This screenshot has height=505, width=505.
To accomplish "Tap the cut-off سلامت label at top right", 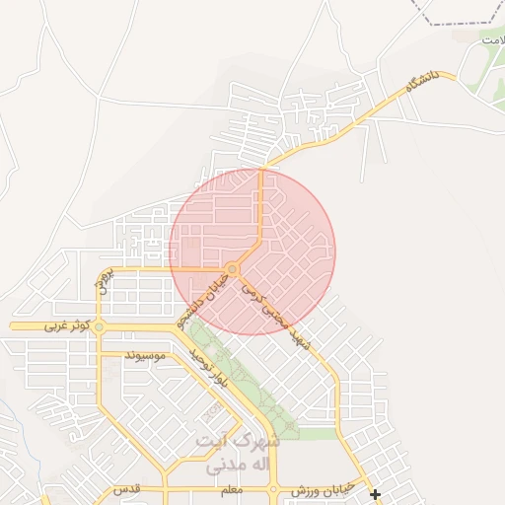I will [491, 39].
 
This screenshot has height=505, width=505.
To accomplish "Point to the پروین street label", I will [105, 281].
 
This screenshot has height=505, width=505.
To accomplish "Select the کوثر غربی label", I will [65, 325].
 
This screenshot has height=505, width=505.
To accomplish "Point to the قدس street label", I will [125, 490].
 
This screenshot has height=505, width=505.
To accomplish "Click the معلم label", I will [231, 490].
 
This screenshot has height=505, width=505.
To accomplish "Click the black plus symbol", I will [375, 494].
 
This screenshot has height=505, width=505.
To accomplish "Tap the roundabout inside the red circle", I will [233, 269].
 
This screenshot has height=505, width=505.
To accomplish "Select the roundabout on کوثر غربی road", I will [99, 325].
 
